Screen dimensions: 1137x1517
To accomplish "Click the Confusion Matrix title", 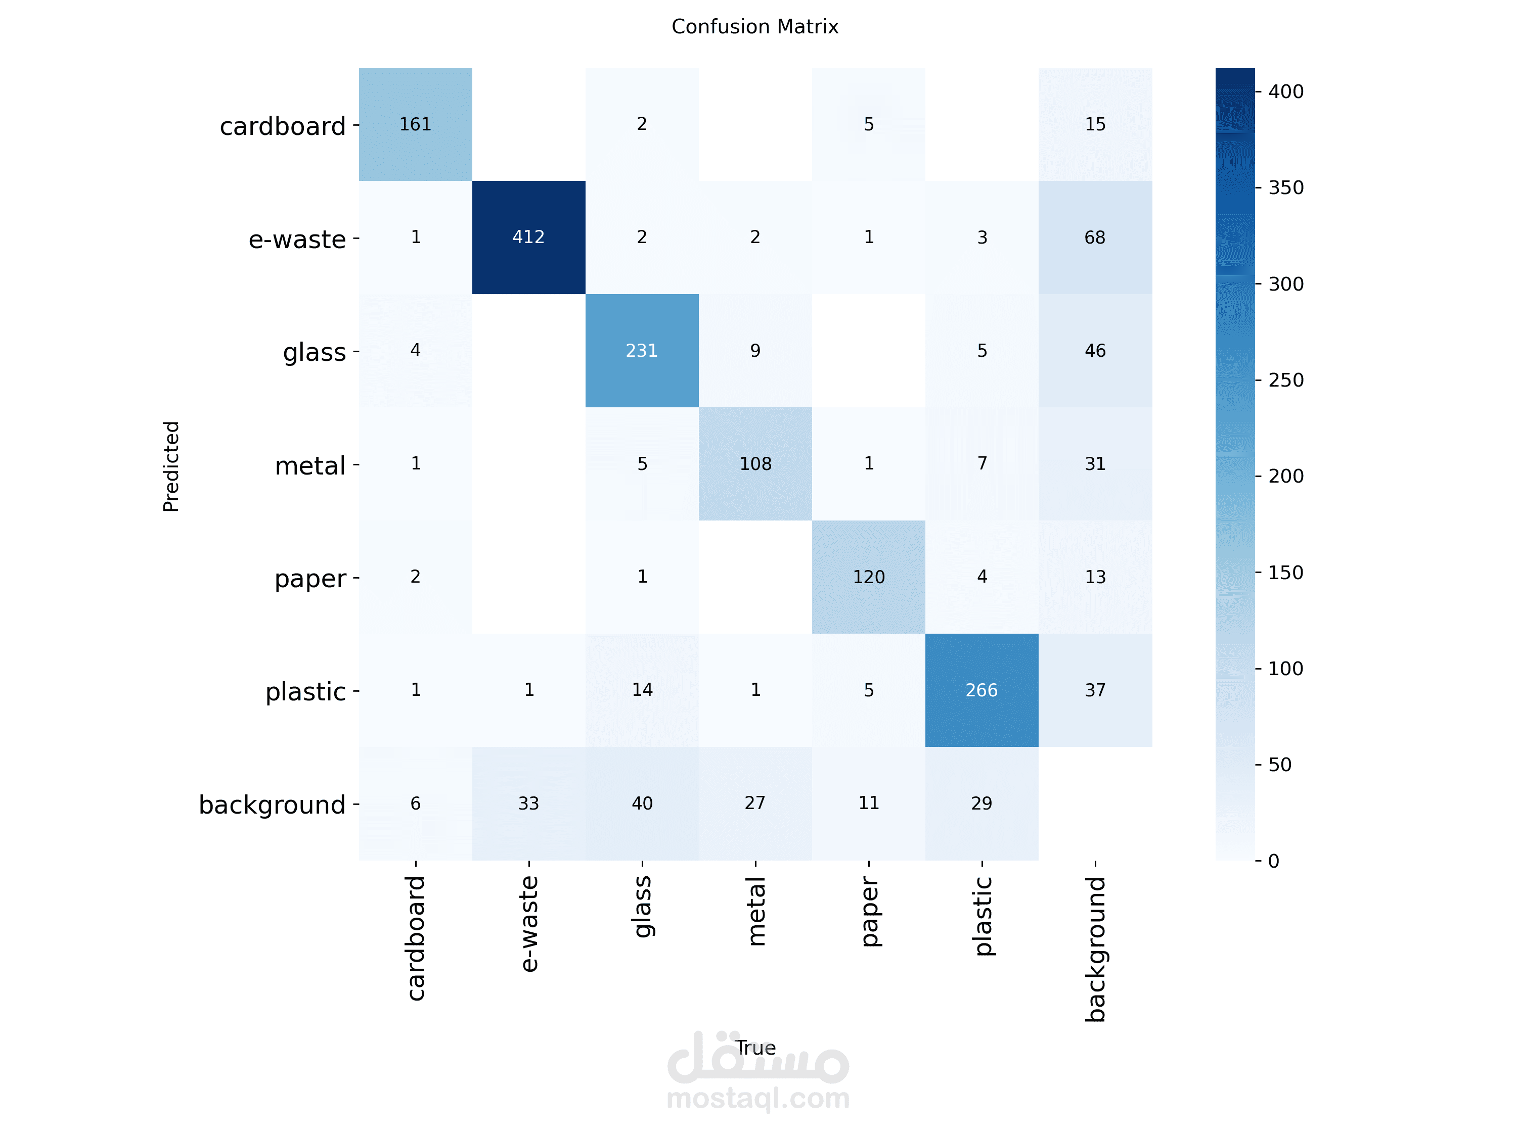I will tap(754, 27).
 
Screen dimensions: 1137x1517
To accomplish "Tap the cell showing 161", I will tap(415, 124).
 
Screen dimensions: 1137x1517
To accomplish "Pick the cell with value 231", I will tap(641, 350).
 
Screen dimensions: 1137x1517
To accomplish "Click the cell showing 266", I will tap(981, 690).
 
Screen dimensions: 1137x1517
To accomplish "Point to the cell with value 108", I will tap(755, 464).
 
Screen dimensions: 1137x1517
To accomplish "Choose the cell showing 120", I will tap(868, 577).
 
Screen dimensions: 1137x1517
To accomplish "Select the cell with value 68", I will tap(1095, 237).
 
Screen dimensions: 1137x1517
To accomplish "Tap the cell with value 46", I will tap(1095, 350).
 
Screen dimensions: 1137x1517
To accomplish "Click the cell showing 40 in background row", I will tap(641, 803).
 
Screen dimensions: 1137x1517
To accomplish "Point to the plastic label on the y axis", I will tap(305, 691).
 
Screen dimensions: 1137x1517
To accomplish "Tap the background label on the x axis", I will tap(1095, 949).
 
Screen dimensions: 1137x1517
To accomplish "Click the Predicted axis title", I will tap(171, 466).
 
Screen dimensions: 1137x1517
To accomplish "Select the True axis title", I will tap(755, 1048).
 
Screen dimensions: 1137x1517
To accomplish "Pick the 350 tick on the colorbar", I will tap(1285, 188).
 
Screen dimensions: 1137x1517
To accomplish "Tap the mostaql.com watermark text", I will tap(758, 1099).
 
